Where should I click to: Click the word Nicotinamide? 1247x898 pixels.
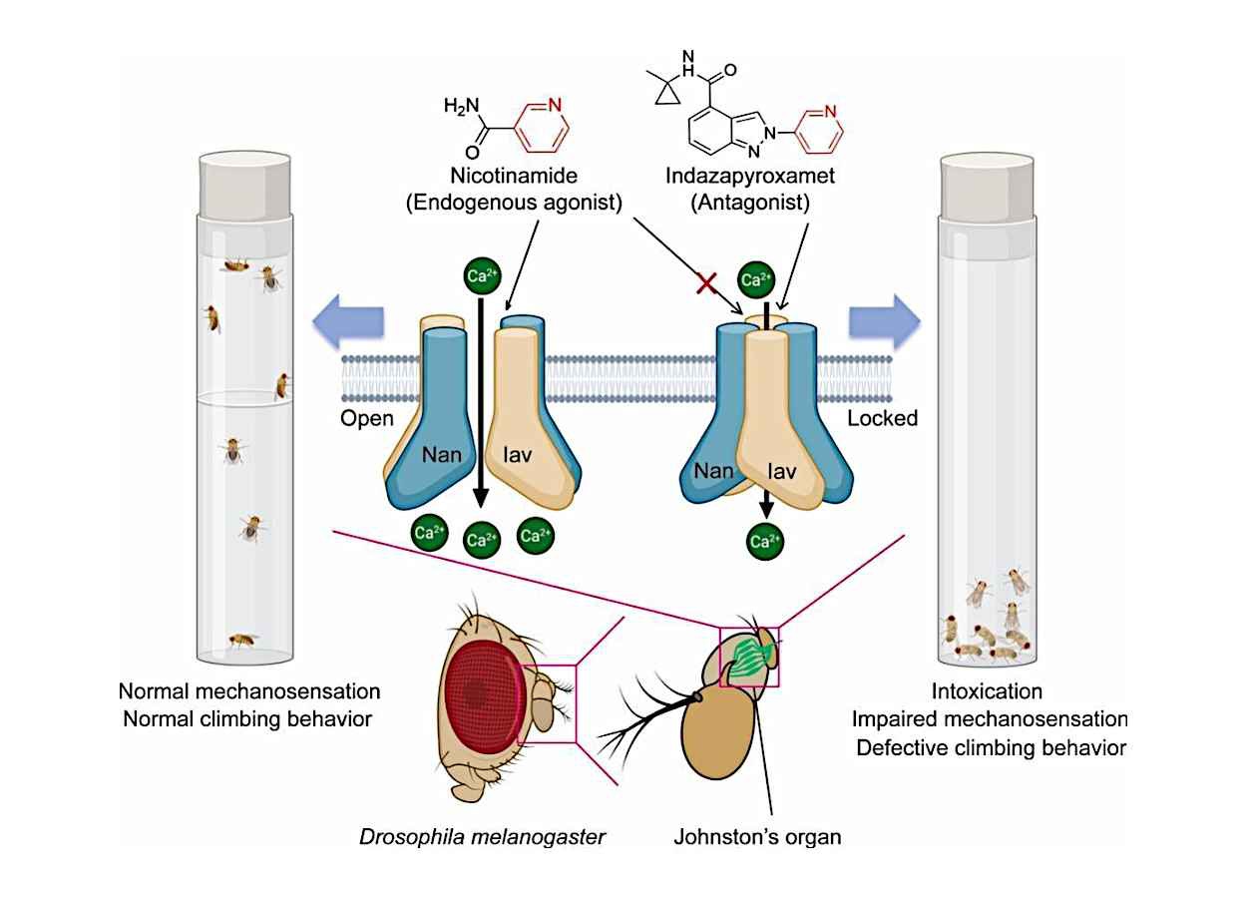514,176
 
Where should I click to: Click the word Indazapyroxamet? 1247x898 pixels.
750,177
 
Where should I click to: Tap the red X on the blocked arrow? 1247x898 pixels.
706,282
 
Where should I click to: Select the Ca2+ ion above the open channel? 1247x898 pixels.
482,275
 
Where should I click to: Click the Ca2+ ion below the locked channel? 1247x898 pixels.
764,541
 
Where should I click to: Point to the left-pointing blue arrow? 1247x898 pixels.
348,322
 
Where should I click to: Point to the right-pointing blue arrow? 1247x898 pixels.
884,322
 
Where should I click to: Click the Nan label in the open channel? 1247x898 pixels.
442,455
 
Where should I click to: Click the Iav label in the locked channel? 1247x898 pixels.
781,472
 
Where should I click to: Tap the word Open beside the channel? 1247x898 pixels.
367,418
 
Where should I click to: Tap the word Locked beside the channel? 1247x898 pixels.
882,418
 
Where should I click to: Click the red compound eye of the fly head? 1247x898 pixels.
483,696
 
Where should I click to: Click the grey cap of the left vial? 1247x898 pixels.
245,186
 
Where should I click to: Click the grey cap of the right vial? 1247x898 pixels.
987,187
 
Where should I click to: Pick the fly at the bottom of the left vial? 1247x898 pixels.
242,641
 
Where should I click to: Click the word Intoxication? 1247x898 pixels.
987,691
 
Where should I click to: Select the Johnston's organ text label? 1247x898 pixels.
757,837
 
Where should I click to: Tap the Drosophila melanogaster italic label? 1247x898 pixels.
482,837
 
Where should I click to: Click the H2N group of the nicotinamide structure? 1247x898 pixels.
461,106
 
